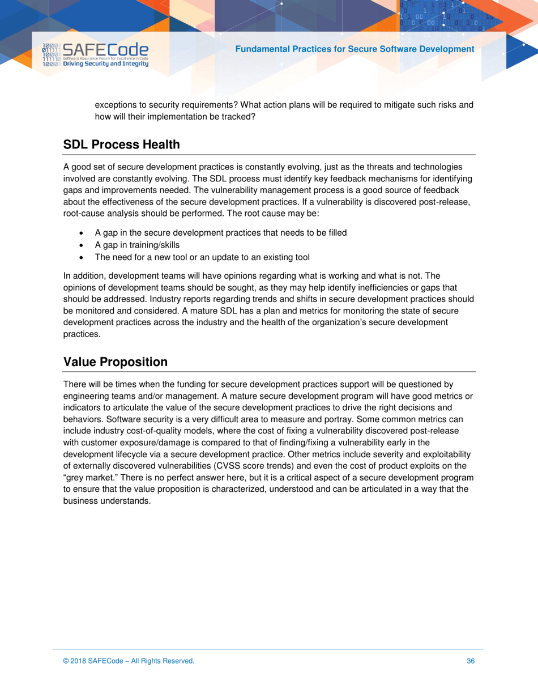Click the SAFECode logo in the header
95,54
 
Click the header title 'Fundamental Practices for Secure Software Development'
355,49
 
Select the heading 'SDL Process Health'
122,144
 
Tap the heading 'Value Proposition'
116,362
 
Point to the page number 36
470,661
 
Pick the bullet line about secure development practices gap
220,233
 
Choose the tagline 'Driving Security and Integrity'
106,64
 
